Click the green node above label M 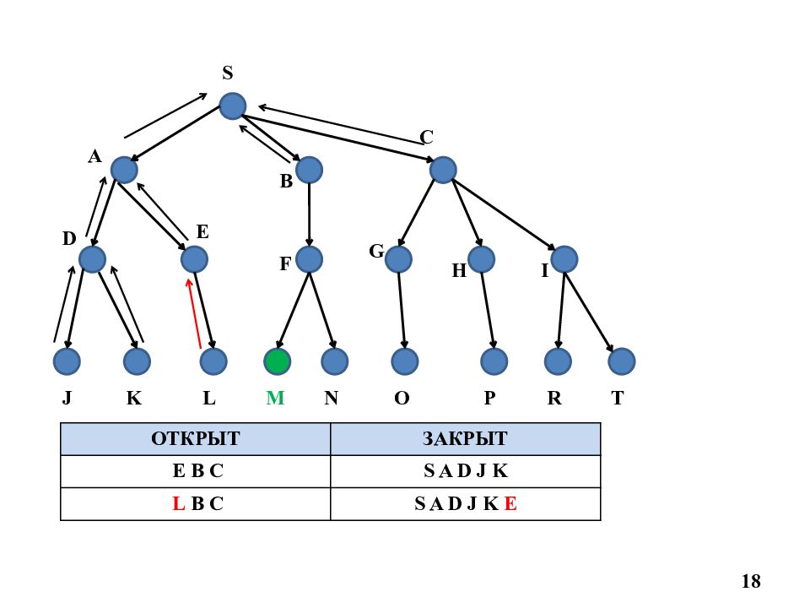tap(277, 361)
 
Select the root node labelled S tap(233, 106)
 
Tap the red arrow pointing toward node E tap(194, 314)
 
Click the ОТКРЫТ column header tap(195, 439)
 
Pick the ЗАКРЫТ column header tap(465, 439)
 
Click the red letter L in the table tap(178, 503)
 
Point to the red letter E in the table tap(510, 503)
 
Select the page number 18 tap(751, 581)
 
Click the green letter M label tap(275, 398)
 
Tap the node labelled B tap(309, 170)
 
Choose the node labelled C tap(443, 170)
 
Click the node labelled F tap(309, 259)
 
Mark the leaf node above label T tap(622, 361)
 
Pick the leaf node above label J tap(67, 361)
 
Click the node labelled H tap(481, 259)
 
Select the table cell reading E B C tap(195, 471)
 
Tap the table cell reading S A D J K tap(465, 471)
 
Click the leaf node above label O tap(404, 361)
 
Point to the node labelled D tap(93, 259)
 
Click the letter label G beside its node tap(376, 252)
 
